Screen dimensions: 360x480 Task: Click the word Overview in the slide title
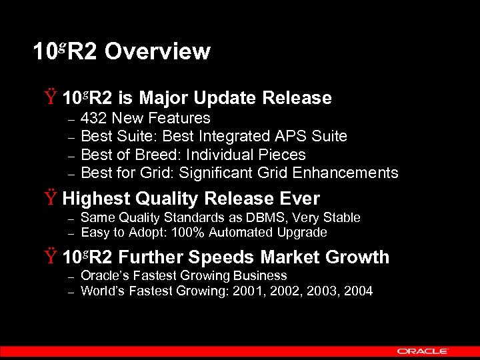click(157, 51)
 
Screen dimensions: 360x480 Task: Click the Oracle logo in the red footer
click(423, 351)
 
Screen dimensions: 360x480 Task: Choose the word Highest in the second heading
click(96, 199)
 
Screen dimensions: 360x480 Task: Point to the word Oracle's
click(105, 275)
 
